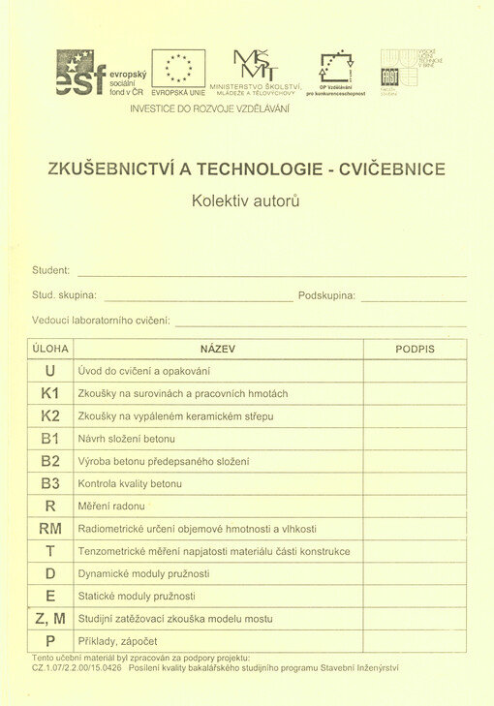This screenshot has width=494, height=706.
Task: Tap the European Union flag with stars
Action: tap(178, 68)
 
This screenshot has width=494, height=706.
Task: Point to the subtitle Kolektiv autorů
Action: tap(246, 201)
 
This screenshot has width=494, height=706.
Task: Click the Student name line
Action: tap(271, 271)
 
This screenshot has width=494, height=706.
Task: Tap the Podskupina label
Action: tap(326, 294)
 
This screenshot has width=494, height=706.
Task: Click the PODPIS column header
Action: tap(415, 349)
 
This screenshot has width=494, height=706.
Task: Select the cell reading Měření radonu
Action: tap(110, 506)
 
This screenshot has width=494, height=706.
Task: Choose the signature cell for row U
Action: tap(415, 371)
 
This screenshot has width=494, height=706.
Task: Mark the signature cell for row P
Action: tap(415, 641)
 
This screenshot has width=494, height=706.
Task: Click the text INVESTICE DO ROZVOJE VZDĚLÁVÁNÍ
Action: tap(209, 107)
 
